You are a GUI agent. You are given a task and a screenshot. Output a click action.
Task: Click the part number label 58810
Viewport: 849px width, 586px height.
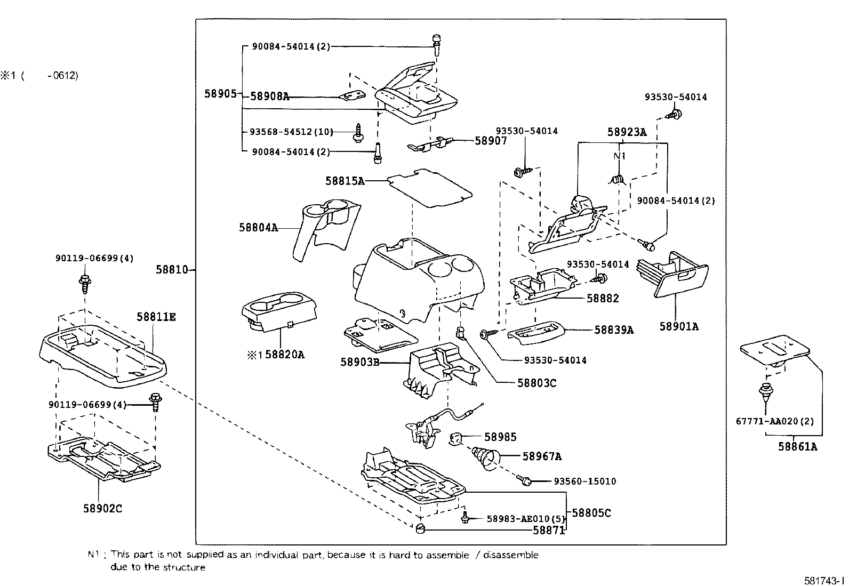point(172,270)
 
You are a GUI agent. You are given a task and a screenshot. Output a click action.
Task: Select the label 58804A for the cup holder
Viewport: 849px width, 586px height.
point(258,228)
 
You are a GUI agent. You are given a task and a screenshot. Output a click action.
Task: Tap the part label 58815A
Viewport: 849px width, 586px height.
point(345,181)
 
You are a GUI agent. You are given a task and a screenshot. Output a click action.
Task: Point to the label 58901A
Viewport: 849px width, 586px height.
point(678,327)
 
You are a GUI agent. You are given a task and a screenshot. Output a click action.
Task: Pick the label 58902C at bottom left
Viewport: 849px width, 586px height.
point(102,509)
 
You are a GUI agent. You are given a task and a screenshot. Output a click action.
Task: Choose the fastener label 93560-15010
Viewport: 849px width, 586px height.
point(584,481)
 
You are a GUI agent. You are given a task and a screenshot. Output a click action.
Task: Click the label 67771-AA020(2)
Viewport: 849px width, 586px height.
point(775,421)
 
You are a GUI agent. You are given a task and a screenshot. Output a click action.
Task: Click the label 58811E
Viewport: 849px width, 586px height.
point(156,317)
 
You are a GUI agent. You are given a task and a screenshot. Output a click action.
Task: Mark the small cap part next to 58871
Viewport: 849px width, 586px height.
point(420,529)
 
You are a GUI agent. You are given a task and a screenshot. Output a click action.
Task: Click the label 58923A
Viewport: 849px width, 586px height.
point(627,133)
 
